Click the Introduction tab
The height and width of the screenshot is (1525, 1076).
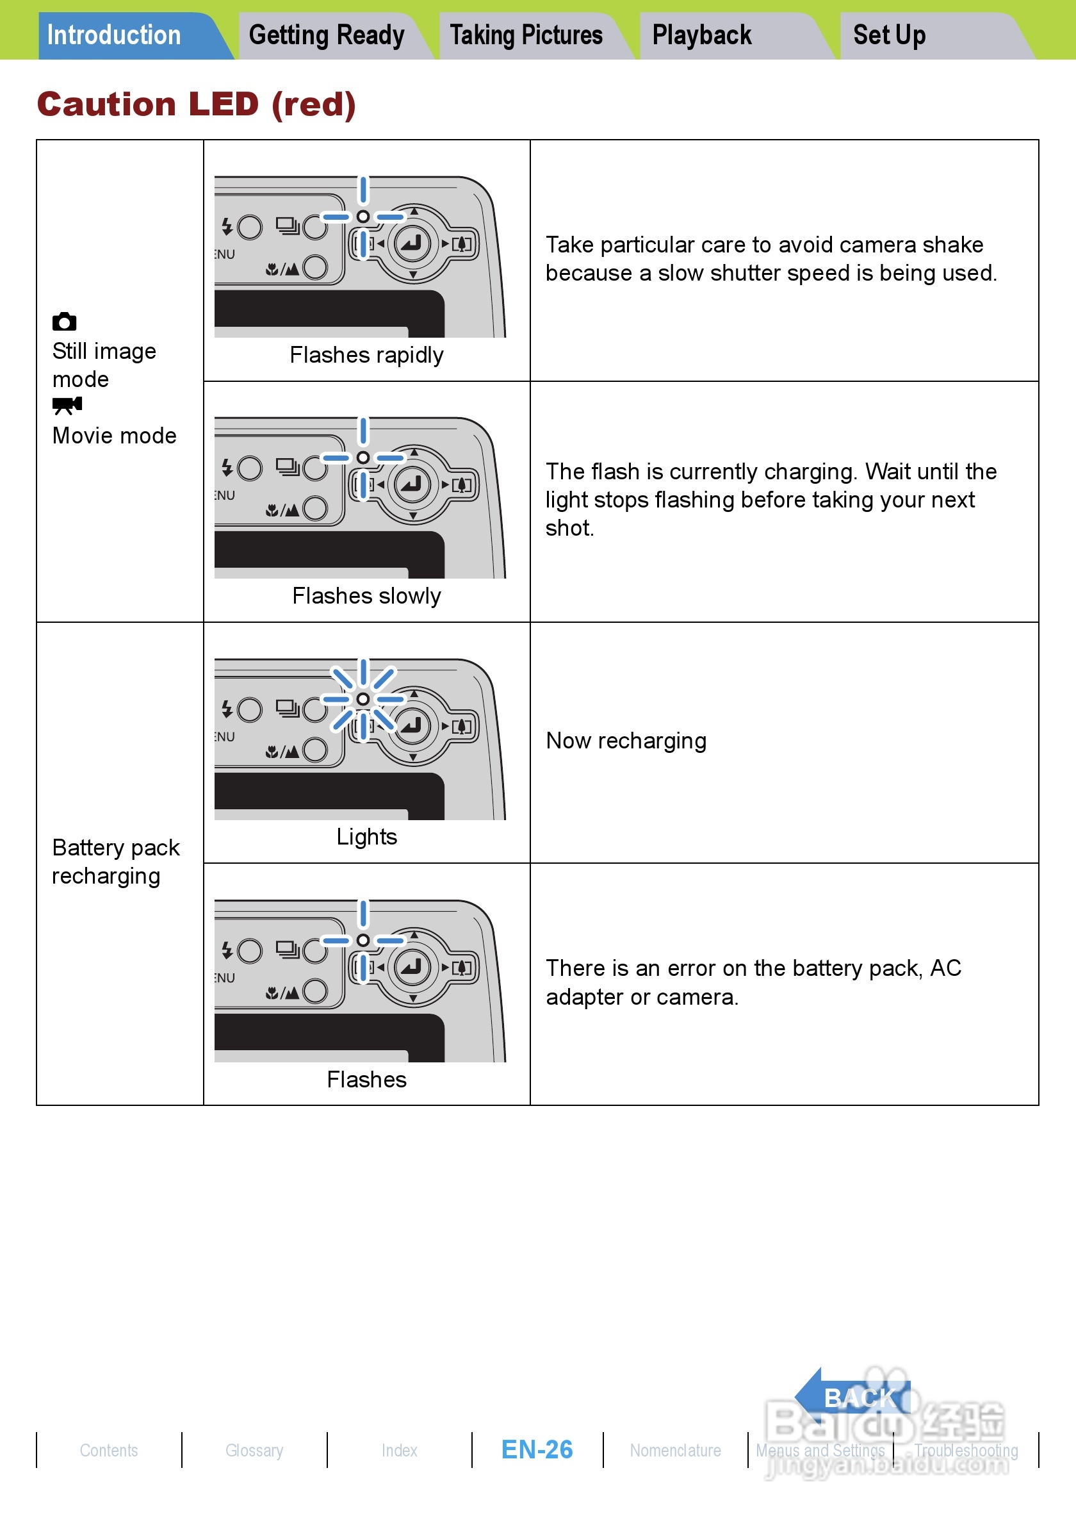point(114,35)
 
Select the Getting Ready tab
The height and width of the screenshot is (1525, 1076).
point(327,35)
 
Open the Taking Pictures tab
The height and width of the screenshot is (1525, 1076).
point(526,35)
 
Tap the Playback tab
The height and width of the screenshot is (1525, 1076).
point(701,35)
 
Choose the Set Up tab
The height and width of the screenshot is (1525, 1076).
point(889,35)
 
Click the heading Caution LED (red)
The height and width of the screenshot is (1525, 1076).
point(197,104)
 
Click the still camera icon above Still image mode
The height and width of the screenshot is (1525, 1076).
point(65,322)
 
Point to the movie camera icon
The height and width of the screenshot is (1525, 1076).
point(67,405)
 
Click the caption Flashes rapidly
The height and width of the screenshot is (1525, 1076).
point(366,356)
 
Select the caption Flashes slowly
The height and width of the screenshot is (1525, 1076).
point(366,597)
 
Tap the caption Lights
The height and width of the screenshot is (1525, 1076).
point(366,837)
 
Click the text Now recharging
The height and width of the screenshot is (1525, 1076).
point(626,741)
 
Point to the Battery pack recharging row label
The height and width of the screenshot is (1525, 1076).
point(115,861)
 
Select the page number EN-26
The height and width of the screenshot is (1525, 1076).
point(537,1450)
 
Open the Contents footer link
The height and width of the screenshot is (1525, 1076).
point(109,1451)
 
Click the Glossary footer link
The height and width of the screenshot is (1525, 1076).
point(254,1451)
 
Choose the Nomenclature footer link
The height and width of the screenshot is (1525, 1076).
point(675,1451)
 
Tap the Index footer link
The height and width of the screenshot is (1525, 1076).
point(399,1451)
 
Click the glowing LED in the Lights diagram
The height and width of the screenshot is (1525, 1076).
point(363,698)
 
